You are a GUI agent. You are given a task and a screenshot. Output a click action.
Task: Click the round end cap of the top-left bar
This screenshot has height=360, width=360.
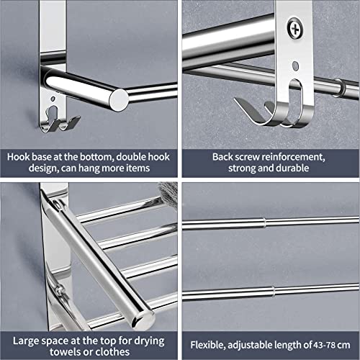(118, 97)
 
